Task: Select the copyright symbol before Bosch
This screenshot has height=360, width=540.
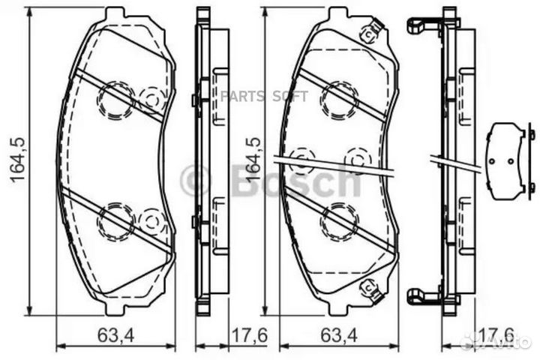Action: [x=196, y=180]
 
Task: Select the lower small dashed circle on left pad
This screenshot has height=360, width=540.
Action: [x=153, y=220]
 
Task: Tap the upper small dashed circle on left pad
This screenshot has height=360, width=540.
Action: [x=153, y=97]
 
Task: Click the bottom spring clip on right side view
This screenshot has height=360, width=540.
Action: [x=424, y=295]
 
